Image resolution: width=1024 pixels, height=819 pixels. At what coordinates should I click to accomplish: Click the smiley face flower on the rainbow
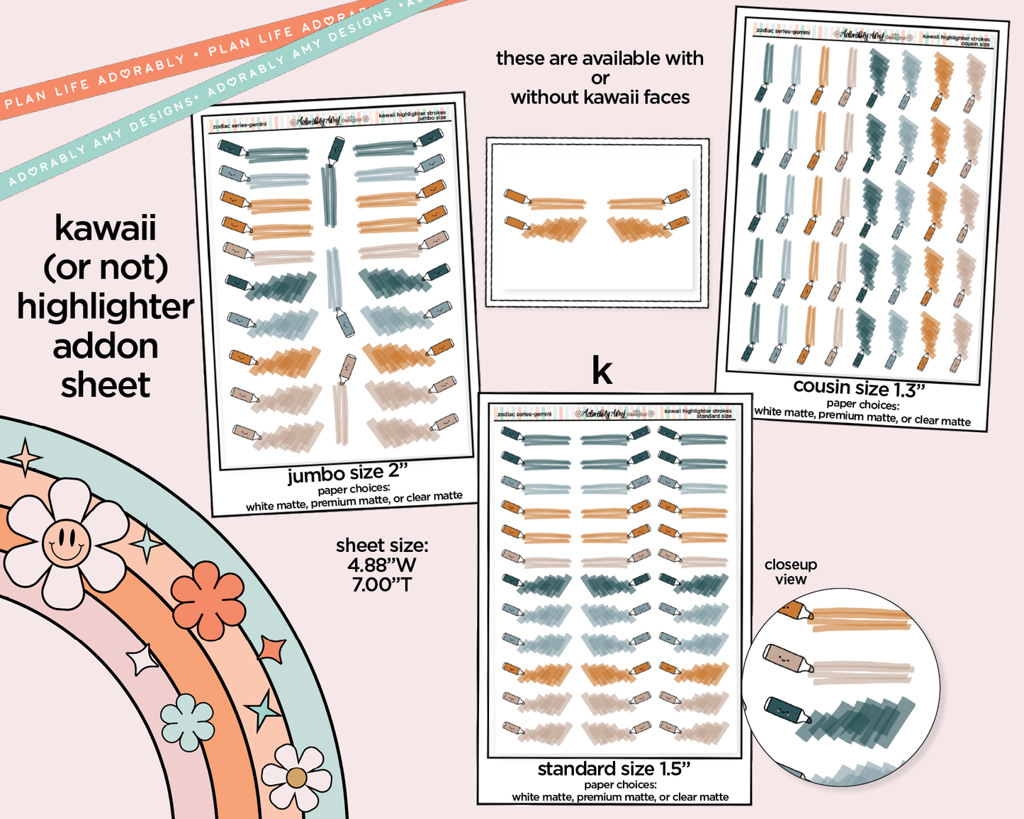(66, 543)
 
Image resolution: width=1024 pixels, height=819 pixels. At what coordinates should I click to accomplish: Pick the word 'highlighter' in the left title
(106, 307)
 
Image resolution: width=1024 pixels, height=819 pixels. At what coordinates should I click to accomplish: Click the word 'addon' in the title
(106, 346)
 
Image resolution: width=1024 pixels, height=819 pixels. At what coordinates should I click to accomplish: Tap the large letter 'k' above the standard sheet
(602, 371)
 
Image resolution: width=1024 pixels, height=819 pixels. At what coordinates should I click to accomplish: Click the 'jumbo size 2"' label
(347, 473)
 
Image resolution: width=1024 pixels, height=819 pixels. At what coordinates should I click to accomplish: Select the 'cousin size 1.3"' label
(859, 388)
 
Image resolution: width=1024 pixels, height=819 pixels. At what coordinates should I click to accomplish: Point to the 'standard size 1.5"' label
(614, 769)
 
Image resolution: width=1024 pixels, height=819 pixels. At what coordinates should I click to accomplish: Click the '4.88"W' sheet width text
(382, 565)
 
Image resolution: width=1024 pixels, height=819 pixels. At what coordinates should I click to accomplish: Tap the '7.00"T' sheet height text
(382, 584)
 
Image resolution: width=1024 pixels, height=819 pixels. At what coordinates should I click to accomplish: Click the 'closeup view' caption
(791, 572)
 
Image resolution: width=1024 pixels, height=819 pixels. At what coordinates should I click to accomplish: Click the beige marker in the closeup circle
(787, 659)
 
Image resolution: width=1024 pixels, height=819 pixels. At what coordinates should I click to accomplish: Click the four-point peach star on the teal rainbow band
(26, 457)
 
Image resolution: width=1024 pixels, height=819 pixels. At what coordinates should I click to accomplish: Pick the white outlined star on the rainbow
(142, 660)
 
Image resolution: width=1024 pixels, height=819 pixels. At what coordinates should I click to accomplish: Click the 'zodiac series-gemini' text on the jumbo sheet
(240, 125)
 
